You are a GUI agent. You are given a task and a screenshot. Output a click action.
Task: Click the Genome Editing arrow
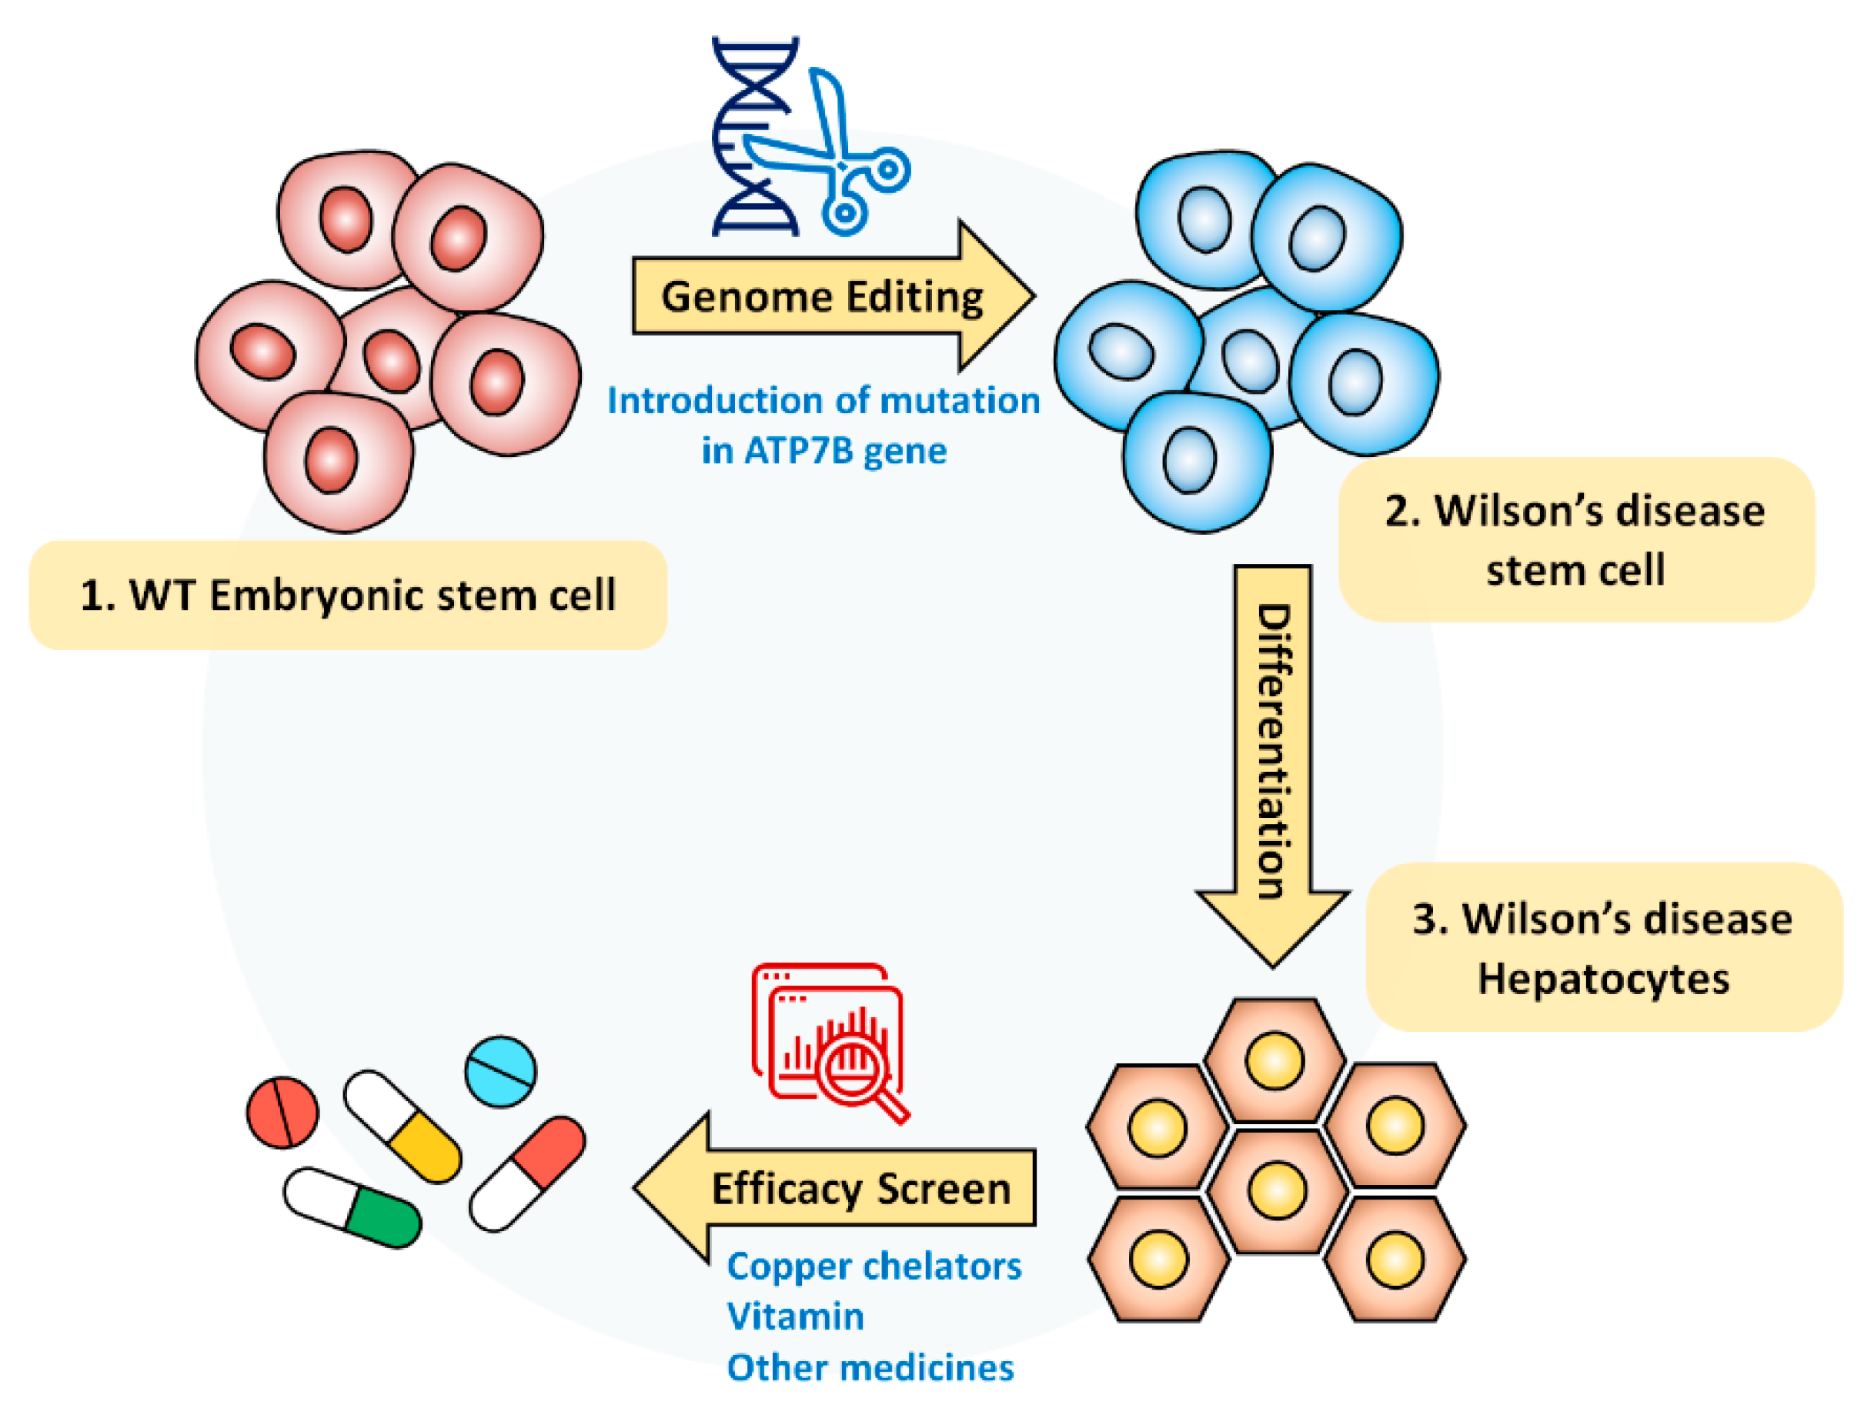[x=822, y=296]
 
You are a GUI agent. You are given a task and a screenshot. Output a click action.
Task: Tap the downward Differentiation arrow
[x=1272, y=749]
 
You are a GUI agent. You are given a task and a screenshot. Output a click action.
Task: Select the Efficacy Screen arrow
[x=843, y=1189]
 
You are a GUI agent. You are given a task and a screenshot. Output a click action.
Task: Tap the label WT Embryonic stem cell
[x=348, y=596]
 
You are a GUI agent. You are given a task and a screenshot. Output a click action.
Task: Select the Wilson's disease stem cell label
[x=1574, y=540]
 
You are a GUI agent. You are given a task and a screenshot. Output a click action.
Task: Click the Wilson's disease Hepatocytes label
[x=1603, y=949]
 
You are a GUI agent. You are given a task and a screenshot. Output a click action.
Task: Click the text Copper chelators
[x=874, y=1266]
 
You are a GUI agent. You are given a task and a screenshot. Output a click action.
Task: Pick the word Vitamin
[x=796, y=1316]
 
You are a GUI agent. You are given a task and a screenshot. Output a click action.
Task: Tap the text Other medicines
[x=870, y=1367]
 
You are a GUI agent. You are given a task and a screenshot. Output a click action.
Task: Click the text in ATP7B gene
[x=824, y=451]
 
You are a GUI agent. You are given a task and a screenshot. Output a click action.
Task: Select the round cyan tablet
[x=500, y=1071]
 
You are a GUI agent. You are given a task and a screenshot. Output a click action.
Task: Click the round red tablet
[x=282, y=1112]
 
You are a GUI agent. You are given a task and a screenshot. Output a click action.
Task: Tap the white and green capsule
[x=352, y=1207]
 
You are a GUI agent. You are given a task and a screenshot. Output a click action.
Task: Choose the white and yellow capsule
[x=402, y=1126]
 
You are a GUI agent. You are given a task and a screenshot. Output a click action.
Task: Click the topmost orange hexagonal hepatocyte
[x=1273, y=1060]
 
